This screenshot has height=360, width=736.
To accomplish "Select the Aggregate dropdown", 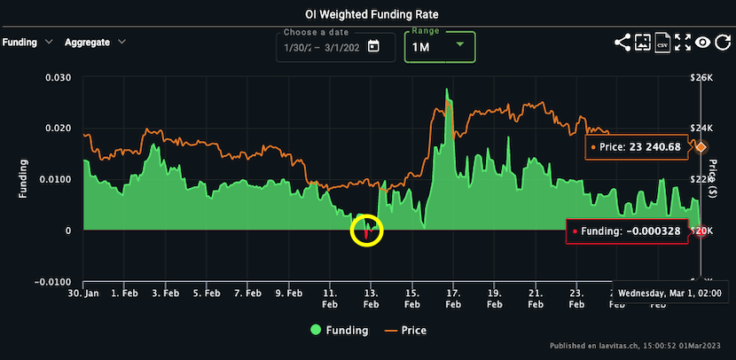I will pyautogui.click(x=95, y=42).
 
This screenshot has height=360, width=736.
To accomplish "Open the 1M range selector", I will pyautogui.click(x=439, y=46).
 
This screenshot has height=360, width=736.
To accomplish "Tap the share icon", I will pyautogui.click(x=622, y=42).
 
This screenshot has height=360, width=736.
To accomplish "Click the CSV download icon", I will pyautogui.click(x=662, y=42).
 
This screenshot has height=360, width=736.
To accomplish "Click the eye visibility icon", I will pyautogui.click(x=702, y=42).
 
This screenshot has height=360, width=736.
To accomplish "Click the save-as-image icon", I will pyautogui.click(x=642, y=42).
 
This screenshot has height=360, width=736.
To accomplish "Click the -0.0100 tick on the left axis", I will pyautogui.click(x=54, y=282).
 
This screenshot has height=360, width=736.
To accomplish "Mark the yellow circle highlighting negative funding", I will pyautogui.click(x=367, y=231).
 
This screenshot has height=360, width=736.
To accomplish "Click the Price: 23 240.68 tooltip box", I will pyautogui.click(x=638, y=147).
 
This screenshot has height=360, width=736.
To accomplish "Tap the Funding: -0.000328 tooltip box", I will pyautogui.click(x=628, y=231).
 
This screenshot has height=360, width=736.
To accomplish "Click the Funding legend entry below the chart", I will pyautogui.click(x=339, y=331).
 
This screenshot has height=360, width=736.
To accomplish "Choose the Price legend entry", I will pyautogui.click(x=407, y=331).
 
